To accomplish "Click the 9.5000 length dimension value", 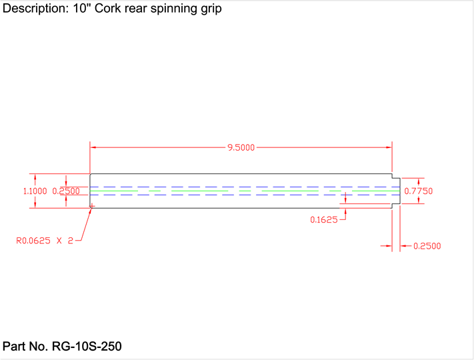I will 241,147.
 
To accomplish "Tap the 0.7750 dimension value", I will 419,191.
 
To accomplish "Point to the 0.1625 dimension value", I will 323,219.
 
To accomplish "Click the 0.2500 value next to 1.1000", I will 66,191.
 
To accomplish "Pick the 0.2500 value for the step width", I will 427,246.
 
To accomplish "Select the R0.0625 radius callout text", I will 44,241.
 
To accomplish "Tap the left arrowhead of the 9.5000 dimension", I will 94,147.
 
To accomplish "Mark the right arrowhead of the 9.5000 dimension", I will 388,147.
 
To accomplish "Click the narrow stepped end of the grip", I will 396,191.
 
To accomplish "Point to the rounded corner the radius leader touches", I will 91,207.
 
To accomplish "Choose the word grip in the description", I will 211,9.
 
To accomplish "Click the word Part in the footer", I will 15,347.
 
